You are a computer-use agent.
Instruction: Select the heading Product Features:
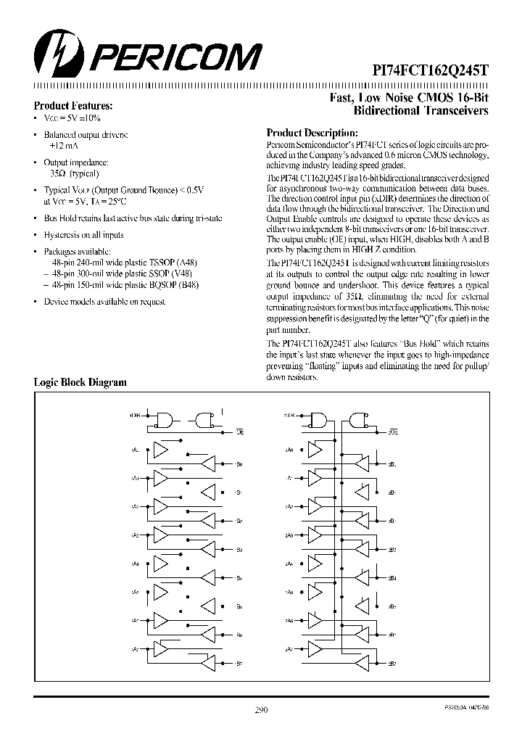pos(73,105)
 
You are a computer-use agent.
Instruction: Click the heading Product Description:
pos(312,133)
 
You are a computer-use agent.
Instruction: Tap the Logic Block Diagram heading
pos(80,382)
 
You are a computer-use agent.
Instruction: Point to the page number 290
pos(262,711)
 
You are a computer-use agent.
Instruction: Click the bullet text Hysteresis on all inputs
pos(83,235)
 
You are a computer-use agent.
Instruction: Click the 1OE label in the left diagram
pos(239,432)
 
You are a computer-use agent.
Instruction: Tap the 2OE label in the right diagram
pos(392,432)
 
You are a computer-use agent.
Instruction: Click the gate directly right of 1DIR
pos(165,419)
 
